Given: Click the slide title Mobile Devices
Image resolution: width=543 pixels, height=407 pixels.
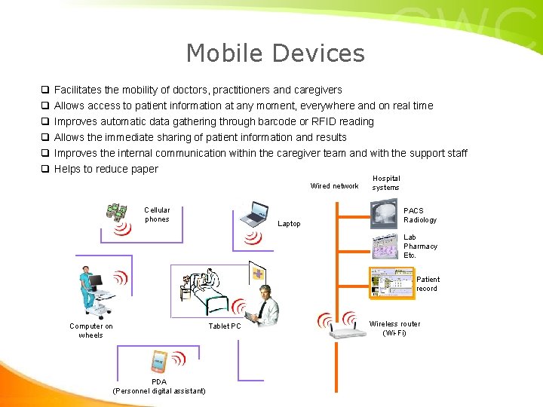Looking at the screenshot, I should pyautogui.click(x=275, y=54).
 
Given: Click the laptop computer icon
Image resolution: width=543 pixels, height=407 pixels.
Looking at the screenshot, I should pyautogui.click(x=253, y=214).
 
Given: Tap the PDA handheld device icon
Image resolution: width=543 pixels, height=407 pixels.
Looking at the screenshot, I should pyautogui.click(x=158, y=363).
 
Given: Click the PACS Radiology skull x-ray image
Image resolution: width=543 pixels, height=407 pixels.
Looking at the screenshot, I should pyautogui.click(x=387, y=213).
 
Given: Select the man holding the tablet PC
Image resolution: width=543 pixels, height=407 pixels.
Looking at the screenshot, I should pyautogui.click(x=265, y=305).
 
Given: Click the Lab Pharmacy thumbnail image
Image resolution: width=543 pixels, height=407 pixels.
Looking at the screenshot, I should pyautogui.click(x=386, y=247).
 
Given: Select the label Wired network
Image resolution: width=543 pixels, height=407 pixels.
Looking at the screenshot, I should pyautogui.click(x=334, y=186).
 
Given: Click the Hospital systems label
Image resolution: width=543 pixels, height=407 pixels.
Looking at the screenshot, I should pyautogui.click(x=386, y=183).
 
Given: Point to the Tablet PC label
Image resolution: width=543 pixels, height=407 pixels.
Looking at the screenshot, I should pyautogui.click(x=225, y=326).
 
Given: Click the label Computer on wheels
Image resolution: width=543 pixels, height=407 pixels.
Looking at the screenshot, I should pyautogui.click(x=91, y=331).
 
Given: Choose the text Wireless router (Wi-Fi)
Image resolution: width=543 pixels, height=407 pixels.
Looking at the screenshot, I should pyautogui.click(x=394, y=329).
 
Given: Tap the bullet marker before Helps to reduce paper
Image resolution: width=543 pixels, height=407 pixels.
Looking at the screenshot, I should pyautogui.click(x=45, y=169).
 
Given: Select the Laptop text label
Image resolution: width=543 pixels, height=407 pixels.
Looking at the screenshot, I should pyautogui.click(x=289, y=224).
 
